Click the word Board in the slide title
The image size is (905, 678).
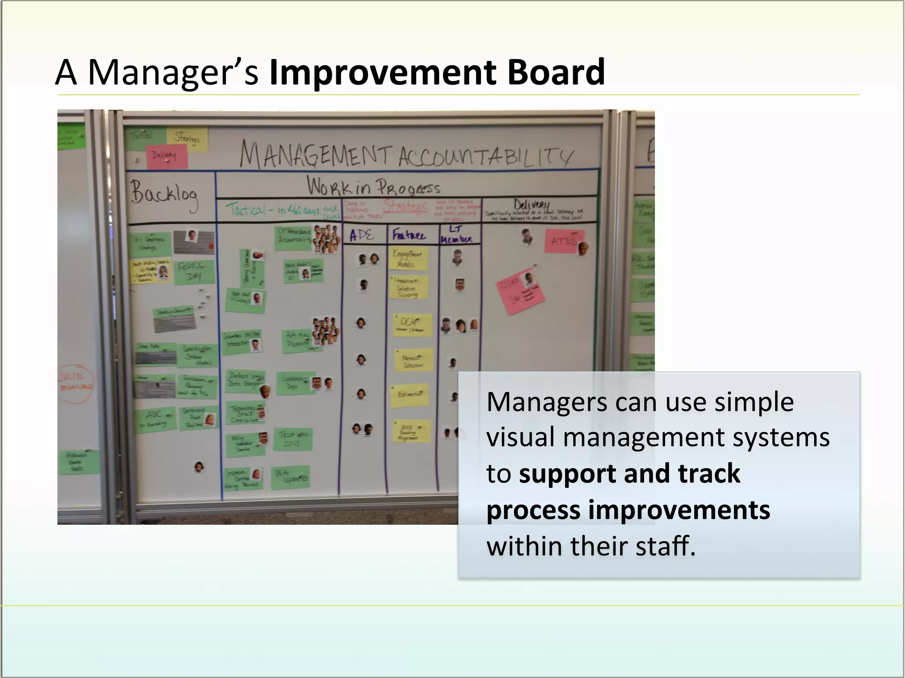point(556,72)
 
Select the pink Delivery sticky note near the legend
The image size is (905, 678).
point(167,156)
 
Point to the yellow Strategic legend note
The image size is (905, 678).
point(187,138)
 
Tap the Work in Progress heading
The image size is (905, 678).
point(373,186)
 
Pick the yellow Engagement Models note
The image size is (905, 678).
point(408,259)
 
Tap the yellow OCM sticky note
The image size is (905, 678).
point(411,325)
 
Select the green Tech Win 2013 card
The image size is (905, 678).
point(293,439)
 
